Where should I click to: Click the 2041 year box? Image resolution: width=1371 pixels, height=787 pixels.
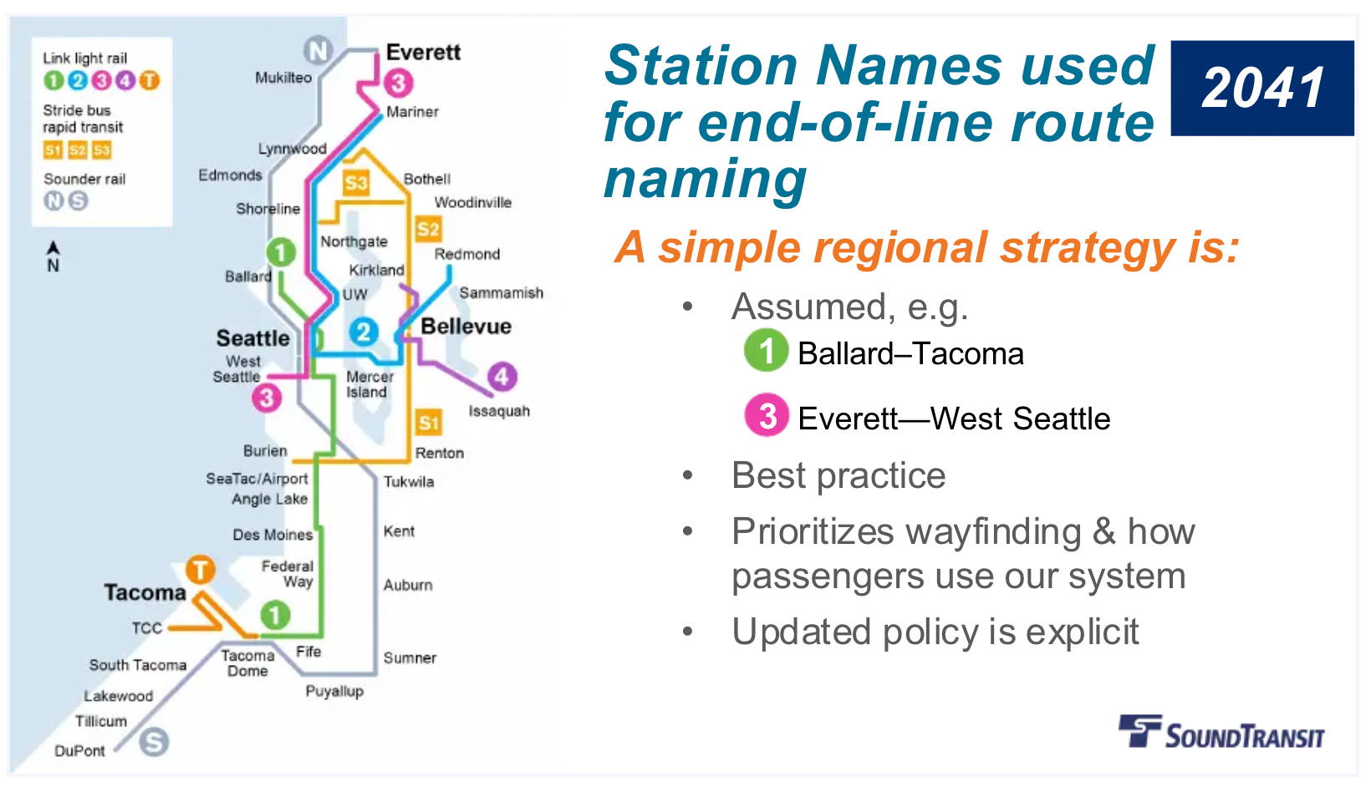pyautogui.click(x=1262, y=88)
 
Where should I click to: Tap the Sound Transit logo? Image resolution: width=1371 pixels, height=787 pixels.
pyautogui.click(x=1222, y=732)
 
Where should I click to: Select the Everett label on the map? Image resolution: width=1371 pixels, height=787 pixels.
pyautogui.click(x=423, y=53)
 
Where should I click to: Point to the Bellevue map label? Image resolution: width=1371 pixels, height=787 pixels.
pyautogui.click(x=466, y=327)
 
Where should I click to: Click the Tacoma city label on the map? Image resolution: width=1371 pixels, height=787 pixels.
pyautogui.click(x=145, y=592)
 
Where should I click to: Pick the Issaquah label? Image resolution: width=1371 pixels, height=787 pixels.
pyautogui.click(x=499, y=411)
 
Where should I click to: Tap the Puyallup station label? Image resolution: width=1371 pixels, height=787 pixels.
pyautogui.click(x=334, y=691)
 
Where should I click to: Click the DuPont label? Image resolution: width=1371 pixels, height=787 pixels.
pyautogui.click(x=79, y=750)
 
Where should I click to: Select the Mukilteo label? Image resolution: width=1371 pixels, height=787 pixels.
pyautogui.click(x=283, y=78)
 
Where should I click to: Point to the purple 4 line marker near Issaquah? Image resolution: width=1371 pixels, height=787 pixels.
pyautogui.click(x=502, y=377)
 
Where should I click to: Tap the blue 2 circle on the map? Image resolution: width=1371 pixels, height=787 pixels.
pyautogui.click(x=364, y=333)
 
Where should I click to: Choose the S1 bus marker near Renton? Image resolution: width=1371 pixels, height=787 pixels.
pyautogui.click(x=429, y=423)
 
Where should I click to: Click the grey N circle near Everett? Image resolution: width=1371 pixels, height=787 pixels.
pyautogui.click(x=318, y=51)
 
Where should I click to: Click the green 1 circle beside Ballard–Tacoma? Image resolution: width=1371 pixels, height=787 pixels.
pyautogui.click(x=766, y=351)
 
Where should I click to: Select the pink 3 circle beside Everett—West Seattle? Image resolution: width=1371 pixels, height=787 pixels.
pyautogui.click(x=767, y=415)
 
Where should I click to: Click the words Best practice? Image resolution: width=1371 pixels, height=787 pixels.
pyautogui.click(x=838, y=476)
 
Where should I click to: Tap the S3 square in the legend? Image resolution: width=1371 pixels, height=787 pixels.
pyautogui.click(x=102, y=150)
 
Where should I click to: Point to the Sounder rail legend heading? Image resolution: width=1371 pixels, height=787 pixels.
pyautogui.click(x=84, y=179)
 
